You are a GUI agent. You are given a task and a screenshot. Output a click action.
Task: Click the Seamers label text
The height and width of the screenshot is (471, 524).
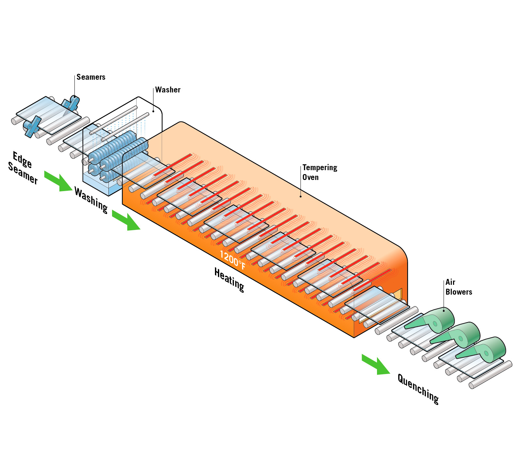click(x=91, y=77)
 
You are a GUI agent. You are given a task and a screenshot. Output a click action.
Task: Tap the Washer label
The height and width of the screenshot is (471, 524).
click(x=168, y=90)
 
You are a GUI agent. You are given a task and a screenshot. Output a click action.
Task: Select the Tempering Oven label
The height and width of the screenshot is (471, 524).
click(x=319, y=172)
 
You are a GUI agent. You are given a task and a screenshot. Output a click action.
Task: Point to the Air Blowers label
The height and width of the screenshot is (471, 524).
click(x=458, y=287)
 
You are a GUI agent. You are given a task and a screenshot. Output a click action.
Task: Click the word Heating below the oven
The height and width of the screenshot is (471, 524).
click(x=229, y=280)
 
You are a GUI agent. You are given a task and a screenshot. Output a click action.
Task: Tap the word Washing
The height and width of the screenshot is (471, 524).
click(x=91, y=200)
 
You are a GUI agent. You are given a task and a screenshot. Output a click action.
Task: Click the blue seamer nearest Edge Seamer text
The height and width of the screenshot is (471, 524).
click(x=31, y=126)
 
